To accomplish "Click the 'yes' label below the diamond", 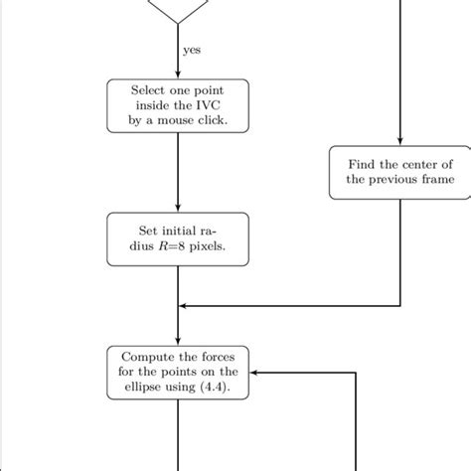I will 191,48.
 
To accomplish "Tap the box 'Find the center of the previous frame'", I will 399,172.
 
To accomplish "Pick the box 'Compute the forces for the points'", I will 178,372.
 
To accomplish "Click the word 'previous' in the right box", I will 390,180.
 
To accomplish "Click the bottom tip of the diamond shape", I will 178,22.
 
